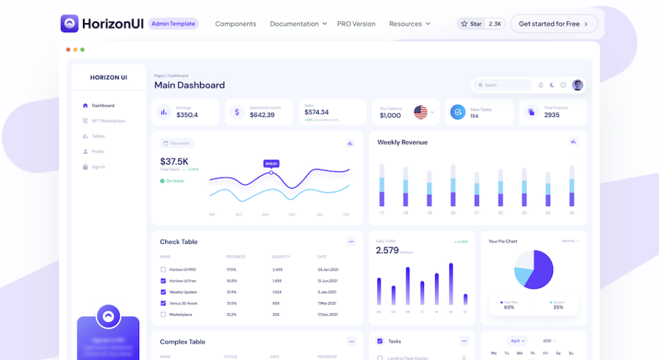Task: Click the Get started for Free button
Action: (x=553, y=24)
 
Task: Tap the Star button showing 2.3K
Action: (x=481, y=24)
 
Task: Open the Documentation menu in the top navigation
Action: (x=298, y=24)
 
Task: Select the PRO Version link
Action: (x=356, y=24)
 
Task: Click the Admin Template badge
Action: (x=173, y=24)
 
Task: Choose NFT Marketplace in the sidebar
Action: (x=108, y=121)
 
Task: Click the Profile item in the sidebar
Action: (x=98, y=152)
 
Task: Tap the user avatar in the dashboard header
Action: (x=577, y=85)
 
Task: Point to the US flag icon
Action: (x=420, y=112)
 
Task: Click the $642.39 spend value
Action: (x=262, y=115)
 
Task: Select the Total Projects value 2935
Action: (x=552, y=115)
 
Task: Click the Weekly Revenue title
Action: (x=402, y=142)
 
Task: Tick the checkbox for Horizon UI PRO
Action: (x=163, y=270)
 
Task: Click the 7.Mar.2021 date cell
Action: (x=328, y=303)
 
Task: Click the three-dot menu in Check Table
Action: (x=351, y=242)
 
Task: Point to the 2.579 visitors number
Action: (x=387, y=251)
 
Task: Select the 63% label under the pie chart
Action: (x=509, y=307)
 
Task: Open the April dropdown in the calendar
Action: (x=517, y=341)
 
